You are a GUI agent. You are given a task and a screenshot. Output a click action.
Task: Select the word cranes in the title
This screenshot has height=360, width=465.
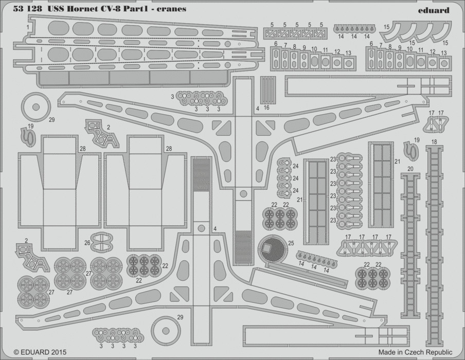(x=173, y=9)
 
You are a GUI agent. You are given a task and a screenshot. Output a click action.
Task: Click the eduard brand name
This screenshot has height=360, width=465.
(x=434, y=10)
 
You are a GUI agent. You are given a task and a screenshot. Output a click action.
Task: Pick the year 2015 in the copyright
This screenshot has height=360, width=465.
(x=59, y=352)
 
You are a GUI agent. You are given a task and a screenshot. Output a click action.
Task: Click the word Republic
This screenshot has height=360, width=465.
(x=439, y=353)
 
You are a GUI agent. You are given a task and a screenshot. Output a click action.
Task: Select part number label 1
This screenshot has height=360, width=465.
(x=28, y=27)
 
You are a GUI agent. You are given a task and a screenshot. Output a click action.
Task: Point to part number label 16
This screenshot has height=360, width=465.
(x=266, y=107)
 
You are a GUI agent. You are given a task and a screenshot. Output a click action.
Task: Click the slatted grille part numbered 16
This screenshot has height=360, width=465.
(x=268, y=90)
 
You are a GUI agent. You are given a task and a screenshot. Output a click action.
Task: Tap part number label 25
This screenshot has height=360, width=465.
(x=291, y=243)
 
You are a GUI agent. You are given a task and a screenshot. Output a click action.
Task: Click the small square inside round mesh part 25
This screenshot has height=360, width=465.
(x=268, y=247)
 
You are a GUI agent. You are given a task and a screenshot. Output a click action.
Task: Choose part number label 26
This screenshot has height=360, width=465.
(x=87, y=243)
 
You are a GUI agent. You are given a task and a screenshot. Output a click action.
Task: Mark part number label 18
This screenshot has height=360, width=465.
(x=434, y=142)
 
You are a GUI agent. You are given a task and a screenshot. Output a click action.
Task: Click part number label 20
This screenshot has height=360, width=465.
(x=410, y=169)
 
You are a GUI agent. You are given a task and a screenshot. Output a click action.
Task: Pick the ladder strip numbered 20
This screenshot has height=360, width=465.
(x=410, y=245)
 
